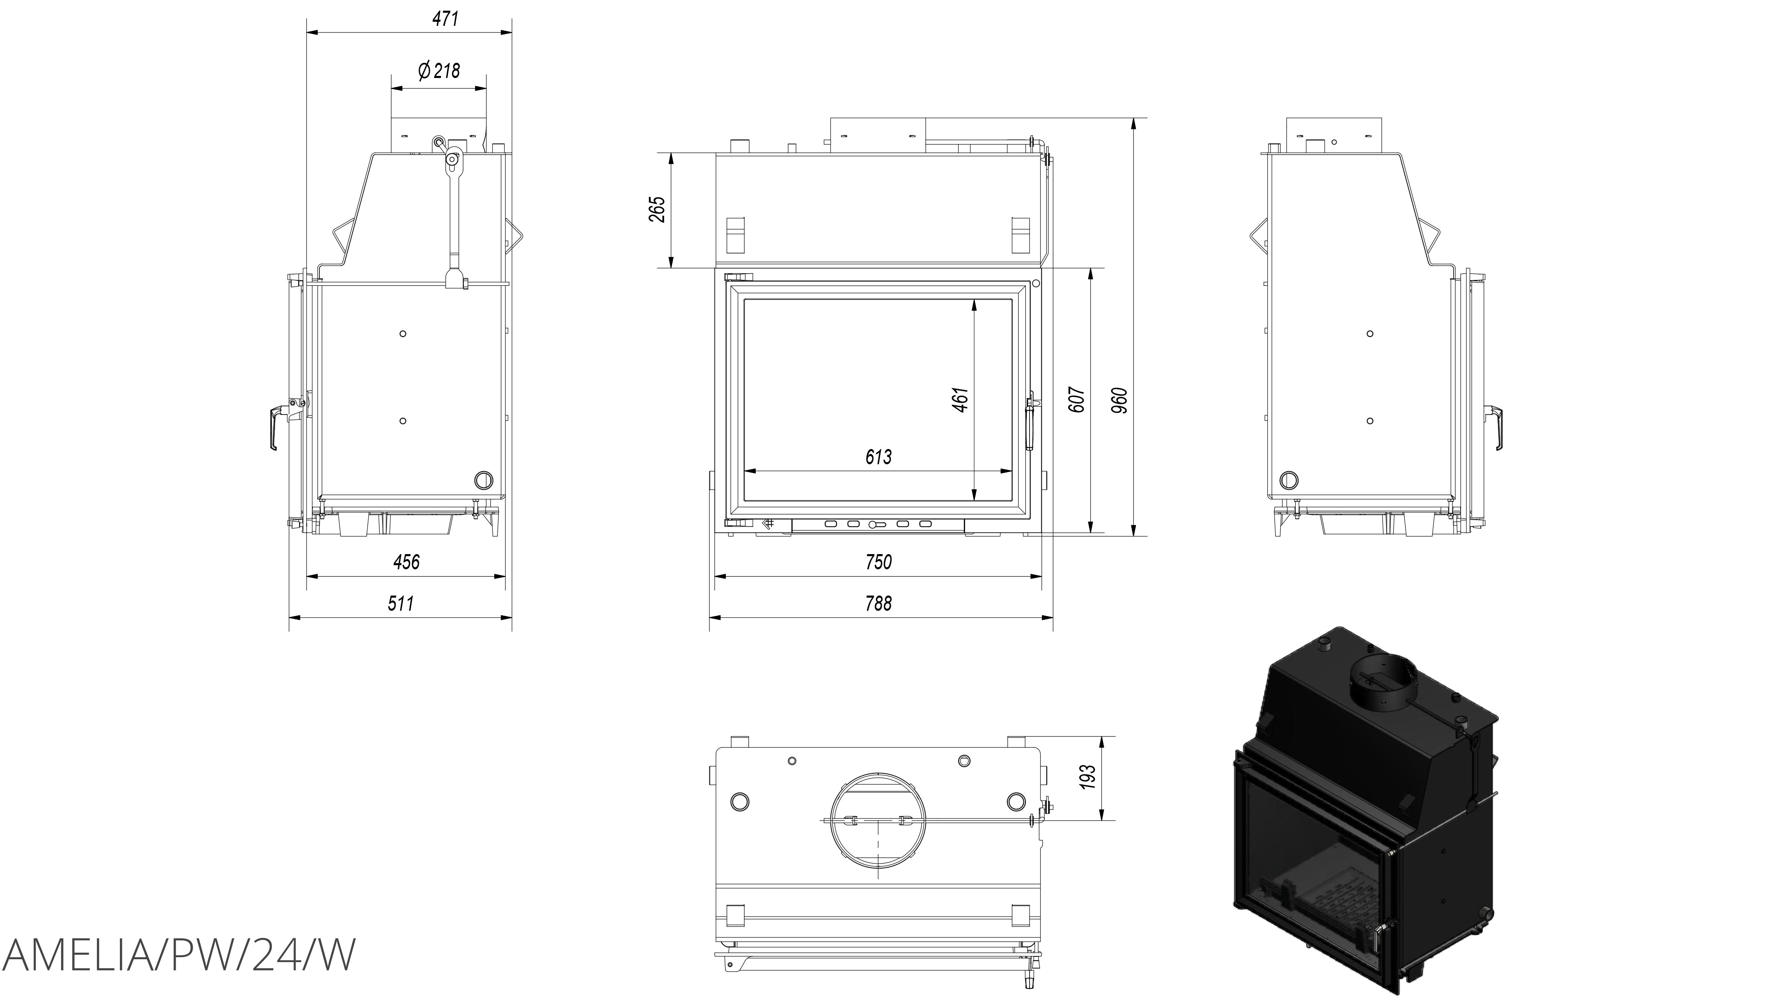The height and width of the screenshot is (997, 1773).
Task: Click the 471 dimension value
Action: pos(445,18)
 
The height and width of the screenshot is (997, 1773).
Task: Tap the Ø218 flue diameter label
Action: pos(438,70)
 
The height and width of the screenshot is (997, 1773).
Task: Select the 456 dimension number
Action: pos(406,562)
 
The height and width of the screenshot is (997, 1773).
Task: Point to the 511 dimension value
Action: pos(401,603)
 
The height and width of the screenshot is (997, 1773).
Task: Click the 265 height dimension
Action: pos(657,209)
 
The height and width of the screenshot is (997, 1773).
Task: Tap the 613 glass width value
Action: pos(878,457)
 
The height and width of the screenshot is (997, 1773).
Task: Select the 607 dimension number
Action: pos(1078,399)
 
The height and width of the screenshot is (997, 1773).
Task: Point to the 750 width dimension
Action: pos(878,562)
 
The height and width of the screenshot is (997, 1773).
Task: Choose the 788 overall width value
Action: pos(878,603)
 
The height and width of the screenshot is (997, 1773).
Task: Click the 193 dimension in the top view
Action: pos(1088,777)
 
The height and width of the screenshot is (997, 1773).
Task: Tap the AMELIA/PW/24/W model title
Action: pos(180,955)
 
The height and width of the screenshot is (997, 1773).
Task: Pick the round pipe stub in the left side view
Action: pos(484,479)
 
